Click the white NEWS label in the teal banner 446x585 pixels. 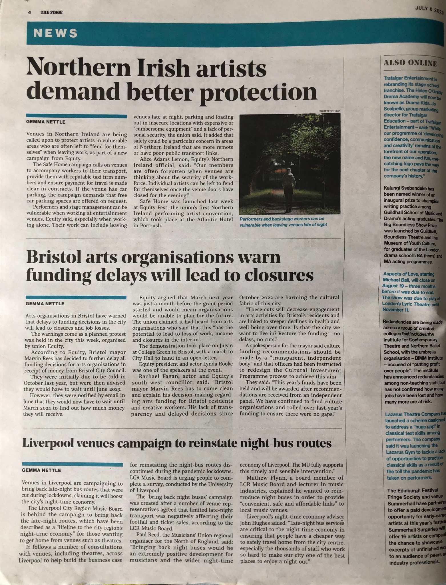point(55,33)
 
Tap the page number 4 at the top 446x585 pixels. point(29,12)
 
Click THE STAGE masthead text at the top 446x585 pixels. point(51,12)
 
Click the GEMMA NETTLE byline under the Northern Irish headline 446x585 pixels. point(46,122)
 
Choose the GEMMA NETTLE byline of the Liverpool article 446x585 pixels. point(41,470)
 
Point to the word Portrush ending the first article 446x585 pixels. point(151,225)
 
